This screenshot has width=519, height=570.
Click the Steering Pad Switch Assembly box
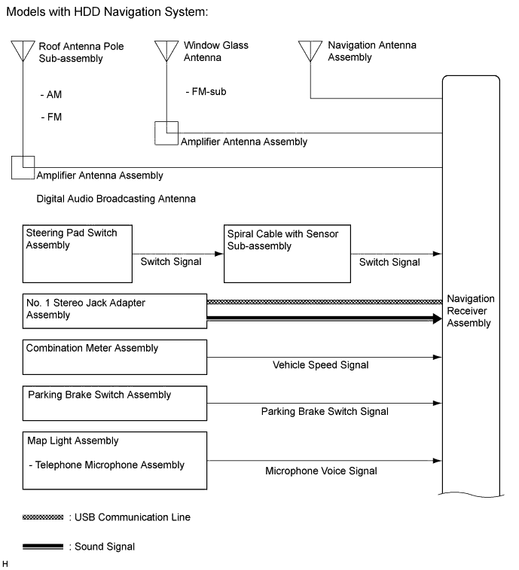pos(78,252)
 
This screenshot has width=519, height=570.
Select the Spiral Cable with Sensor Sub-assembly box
pos(286,252)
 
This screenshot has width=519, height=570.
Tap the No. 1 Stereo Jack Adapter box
pos(114,311)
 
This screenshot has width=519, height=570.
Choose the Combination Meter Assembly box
pos(114,357)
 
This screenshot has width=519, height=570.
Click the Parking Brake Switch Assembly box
pos(114,404)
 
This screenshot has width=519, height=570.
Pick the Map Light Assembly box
pos(114,461)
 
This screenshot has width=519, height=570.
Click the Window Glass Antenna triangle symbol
pos(166,50)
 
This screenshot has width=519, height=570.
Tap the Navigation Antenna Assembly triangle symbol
pos(310,50)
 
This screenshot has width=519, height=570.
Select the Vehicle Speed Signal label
pos(321,365)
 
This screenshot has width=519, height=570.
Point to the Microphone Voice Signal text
pos(321,471)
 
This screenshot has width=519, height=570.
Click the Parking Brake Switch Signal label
pos(325,412)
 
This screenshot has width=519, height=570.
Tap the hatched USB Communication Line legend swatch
pos(44,517)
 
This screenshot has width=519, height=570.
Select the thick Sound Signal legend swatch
pos(44,547)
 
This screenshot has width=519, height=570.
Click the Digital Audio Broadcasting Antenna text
pos(116,199)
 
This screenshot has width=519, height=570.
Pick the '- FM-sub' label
pos(205,92)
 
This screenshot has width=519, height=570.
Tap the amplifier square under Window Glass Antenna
pos(166,133)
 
